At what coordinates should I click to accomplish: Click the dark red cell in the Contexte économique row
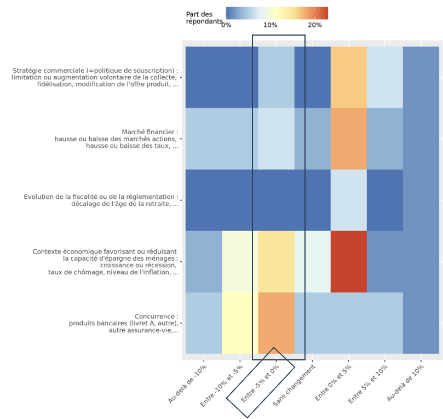coord(348,261)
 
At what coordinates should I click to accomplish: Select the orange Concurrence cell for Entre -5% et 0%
coord(276,323)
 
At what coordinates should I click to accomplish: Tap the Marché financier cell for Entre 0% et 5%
coord(348,139)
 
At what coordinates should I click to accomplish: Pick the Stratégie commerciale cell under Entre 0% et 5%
coord(348,77)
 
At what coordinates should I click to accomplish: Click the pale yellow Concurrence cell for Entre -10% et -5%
coord(240,323)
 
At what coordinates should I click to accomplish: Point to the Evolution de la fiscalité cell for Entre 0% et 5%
coord(348,200)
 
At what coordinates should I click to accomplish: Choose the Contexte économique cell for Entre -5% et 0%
coord(276,261)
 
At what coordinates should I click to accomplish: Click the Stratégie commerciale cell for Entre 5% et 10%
coord(384,77)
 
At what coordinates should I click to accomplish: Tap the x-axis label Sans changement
coord(295,386)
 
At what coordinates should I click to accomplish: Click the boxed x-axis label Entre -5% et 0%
coord(261,383)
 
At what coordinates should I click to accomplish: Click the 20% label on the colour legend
coord(315,25)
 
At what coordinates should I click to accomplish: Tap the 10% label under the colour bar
coord(271,25)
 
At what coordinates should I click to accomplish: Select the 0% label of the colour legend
coord(226,25)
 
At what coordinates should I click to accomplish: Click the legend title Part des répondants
coord(203,18)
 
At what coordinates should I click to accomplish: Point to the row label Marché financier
coord(150,132)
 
